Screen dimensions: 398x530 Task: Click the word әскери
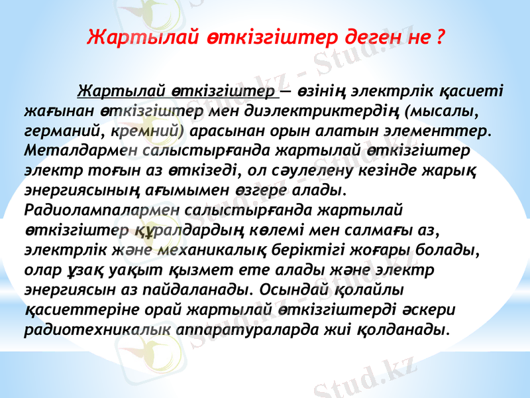pyautogui.click(x=425, y=311)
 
